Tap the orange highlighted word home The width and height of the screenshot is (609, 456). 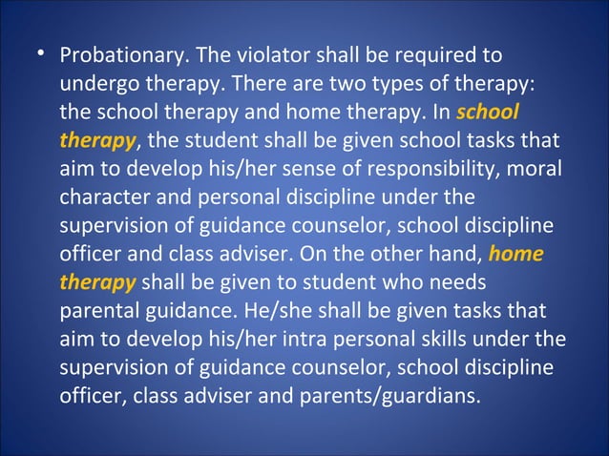pyautogui.click(x=515, y=257)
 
